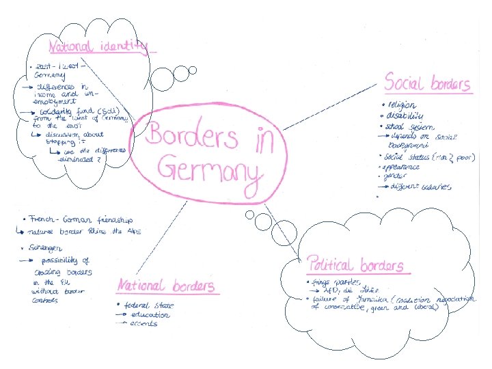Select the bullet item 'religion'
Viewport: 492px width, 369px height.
pyautogui.click(x=403, y=106)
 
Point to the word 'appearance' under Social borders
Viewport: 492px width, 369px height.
pyautogui.click(x=404, y=165)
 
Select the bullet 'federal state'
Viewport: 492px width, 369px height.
pyautogui.click(x=146, y=305)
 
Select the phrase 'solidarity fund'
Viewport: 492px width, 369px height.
pyautogui.click(x=71, y=111)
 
